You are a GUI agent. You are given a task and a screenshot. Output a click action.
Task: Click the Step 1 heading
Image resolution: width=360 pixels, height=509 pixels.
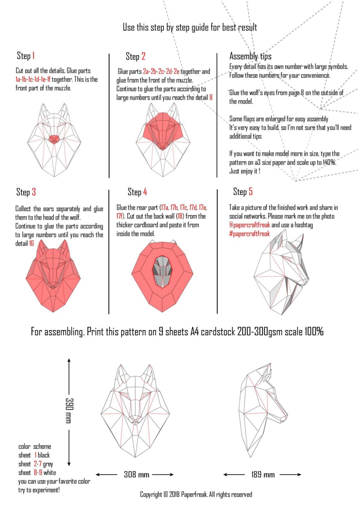[x=26, y=56]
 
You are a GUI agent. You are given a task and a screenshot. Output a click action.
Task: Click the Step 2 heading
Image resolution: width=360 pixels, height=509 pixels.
[x=135, y=56]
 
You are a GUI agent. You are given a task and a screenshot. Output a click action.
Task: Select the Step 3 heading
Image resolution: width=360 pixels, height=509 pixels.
[x=26, y=192]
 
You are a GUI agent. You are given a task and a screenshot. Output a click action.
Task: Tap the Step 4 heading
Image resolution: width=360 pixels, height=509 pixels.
[x=137, y=192]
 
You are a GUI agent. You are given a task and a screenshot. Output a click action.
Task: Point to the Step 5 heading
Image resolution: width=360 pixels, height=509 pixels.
[x=243, y=192]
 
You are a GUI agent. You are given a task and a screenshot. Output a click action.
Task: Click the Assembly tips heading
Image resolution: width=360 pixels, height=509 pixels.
[x=250, y=56]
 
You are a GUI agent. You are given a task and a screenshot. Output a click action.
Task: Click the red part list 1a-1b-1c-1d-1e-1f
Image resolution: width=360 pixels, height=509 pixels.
[x=33, y=79]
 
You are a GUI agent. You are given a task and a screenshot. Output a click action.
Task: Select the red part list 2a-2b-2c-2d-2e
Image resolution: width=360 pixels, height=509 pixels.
[x=161, y=71]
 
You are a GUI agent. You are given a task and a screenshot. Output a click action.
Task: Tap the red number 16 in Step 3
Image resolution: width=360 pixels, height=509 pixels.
[x=31, y=243]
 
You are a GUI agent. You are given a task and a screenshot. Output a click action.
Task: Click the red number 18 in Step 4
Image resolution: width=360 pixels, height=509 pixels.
[x=180, y=216]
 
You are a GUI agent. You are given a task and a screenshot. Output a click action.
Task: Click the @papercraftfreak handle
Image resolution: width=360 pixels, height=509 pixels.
[x=250, y=225]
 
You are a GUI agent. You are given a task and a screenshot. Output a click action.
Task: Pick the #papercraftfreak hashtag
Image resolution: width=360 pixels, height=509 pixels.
[x=249, y=234]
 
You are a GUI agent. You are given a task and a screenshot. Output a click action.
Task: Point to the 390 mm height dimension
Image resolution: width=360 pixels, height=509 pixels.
[x=69, y=410]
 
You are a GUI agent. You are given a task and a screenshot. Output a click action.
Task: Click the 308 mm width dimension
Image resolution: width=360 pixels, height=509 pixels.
[x=136, y=475]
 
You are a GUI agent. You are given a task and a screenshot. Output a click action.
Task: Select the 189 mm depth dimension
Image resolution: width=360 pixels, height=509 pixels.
[x=263, y=475]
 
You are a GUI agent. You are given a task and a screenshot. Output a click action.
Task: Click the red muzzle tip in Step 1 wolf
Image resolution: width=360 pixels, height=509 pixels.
[x=54, y=139]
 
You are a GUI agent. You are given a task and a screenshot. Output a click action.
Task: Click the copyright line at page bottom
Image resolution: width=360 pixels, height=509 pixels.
[x=196, y=495]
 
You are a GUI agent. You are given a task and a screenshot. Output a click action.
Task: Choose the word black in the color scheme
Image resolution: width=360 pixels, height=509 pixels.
[x=44, y=455]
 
